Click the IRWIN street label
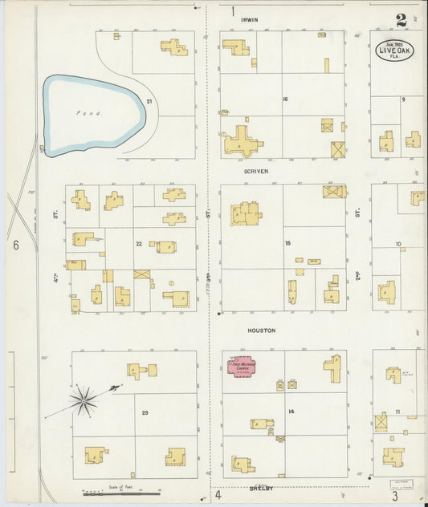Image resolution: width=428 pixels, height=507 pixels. [x=257, y=19]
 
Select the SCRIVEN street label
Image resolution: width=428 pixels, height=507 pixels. [x=256, y=171]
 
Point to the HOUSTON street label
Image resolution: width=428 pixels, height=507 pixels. [x=262, y=331]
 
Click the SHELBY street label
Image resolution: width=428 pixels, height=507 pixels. [x=261, y=487]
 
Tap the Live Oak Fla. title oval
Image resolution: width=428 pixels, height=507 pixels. [x=395, y=50]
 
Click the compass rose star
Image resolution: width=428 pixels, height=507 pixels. [x=83, y=400]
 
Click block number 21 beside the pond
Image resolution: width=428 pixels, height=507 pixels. [x=149, y=100]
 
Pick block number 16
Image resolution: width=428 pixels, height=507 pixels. [x=284, y=99]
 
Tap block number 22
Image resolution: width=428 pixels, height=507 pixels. [x=139, y=243]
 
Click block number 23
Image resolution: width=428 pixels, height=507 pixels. [x=145, y=412]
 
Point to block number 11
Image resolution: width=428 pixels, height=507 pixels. [x=397, y=412]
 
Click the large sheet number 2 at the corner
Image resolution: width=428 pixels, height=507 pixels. [x=400, y=21]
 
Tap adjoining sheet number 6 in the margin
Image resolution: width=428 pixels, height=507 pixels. [x=15, y=245]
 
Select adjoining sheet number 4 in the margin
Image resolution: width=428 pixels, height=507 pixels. [x=218, y=495]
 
